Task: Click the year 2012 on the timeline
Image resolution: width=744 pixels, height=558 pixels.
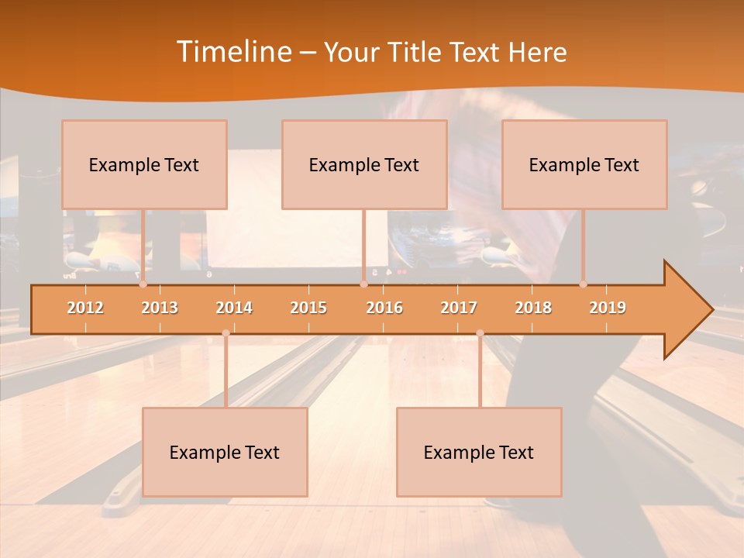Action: pos(85,308)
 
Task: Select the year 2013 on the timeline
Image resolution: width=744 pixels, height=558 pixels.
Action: pos(160,308)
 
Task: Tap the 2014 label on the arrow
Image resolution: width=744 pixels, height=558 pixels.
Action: pos(234,308)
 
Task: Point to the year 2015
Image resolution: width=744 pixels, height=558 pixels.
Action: pos(308,308)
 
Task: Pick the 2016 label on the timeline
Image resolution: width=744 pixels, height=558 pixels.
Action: pos(384,308)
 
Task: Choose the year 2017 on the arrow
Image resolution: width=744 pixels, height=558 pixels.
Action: pos(459,308)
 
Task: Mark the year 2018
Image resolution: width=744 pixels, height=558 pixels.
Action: pos(533,308)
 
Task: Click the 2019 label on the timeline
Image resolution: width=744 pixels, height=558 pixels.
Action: pos(608,308)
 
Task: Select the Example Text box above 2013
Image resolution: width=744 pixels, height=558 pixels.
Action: pos(144,165)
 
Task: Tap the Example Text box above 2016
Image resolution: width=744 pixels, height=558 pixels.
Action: pos(364,165)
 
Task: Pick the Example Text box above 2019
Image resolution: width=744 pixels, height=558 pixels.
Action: pos(584,165)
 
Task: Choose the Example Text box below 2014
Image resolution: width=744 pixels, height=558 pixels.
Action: pos(225,453)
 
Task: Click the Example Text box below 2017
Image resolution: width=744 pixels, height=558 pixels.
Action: pos(479,453)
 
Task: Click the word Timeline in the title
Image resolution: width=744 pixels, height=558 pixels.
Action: pos(232,52)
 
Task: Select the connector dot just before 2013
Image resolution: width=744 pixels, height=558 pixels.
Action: pos(143,284)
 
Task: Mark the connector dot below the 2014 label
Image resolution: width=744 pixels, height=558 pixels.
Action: pos(226,333)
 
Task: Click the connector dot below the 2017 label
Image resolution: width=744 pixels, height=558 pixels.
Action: pos(480,333)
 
